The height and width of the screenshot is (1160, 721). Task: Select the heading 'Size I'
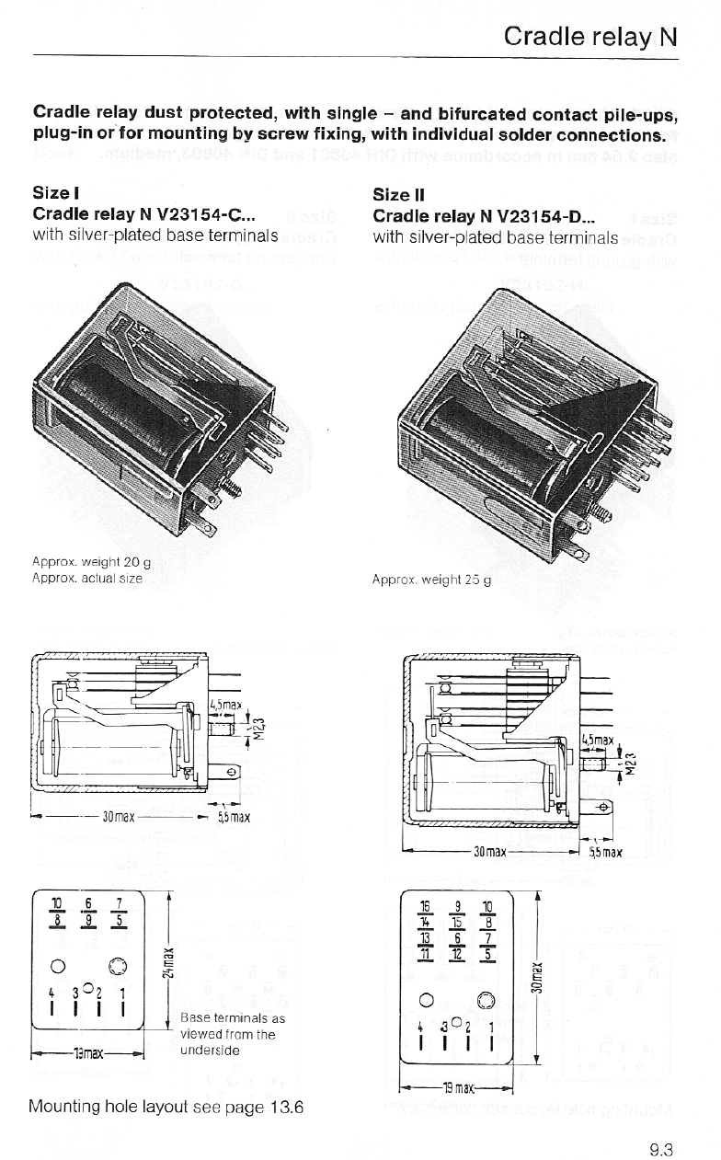click(56, 193)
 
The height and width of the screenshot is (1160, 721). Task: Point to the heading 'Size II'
click(398, 194)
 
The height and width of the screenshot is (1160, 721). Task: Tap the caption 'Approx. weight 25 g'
click(431, 580)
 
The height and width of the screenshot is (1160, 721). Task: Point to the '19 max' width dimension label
click(456, 1089)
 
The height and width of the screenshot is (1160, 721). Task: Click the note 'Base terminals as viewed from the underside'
click(233, 1033)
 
